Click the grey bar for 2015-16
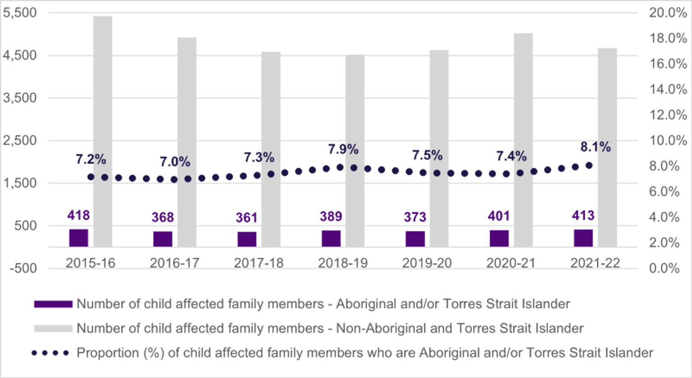coord(103,131)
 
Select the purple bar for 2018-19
coord(331,238)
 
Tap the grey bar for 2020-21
coord(523,140)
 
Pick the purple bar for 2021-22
coord(583,238)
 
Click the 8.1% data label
coord(595,147)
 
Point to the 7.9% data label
coord(343,149)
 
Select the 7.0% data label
coord(175,162)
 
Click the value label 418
coord(78,215)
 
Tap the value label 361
coord(246,218)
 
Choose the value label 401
coord(499,216)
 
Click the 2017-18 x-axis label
coord(259,263)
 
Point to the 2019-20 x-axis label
coord(427,263)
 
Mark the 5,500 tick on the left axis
coord(20,13)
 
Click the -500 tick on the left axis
coord(23,268)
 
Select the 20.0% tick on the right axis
coord(668,13)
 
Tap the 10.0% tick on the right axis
coord(668,141)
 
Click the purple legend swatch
coord(53,304)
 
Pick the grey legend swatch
coord(53,328)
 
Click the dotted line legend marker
coord(50,353)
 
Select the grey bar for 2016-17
coord(187,142)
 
